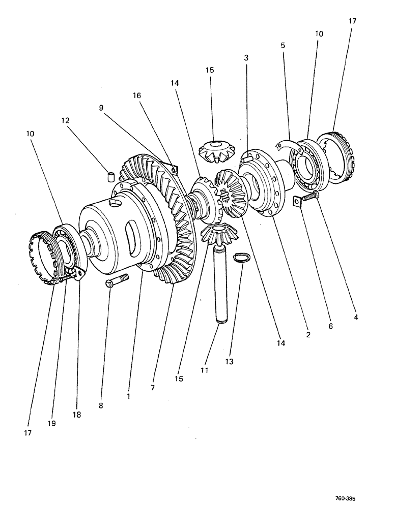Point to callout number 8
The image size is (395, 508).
(x=101, y=405)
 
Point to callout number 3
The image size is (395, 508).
(x=246, y=58)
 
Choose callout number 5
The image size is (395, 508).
(x=283, y=45)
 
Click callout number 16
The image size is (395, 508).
(x=138, y=96)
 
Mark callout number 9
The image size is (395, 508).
(x=101, y=108)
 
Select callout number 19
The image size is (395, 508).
(x=51, y=423)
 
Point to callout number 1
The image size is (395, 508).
(x=129, y=395)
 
